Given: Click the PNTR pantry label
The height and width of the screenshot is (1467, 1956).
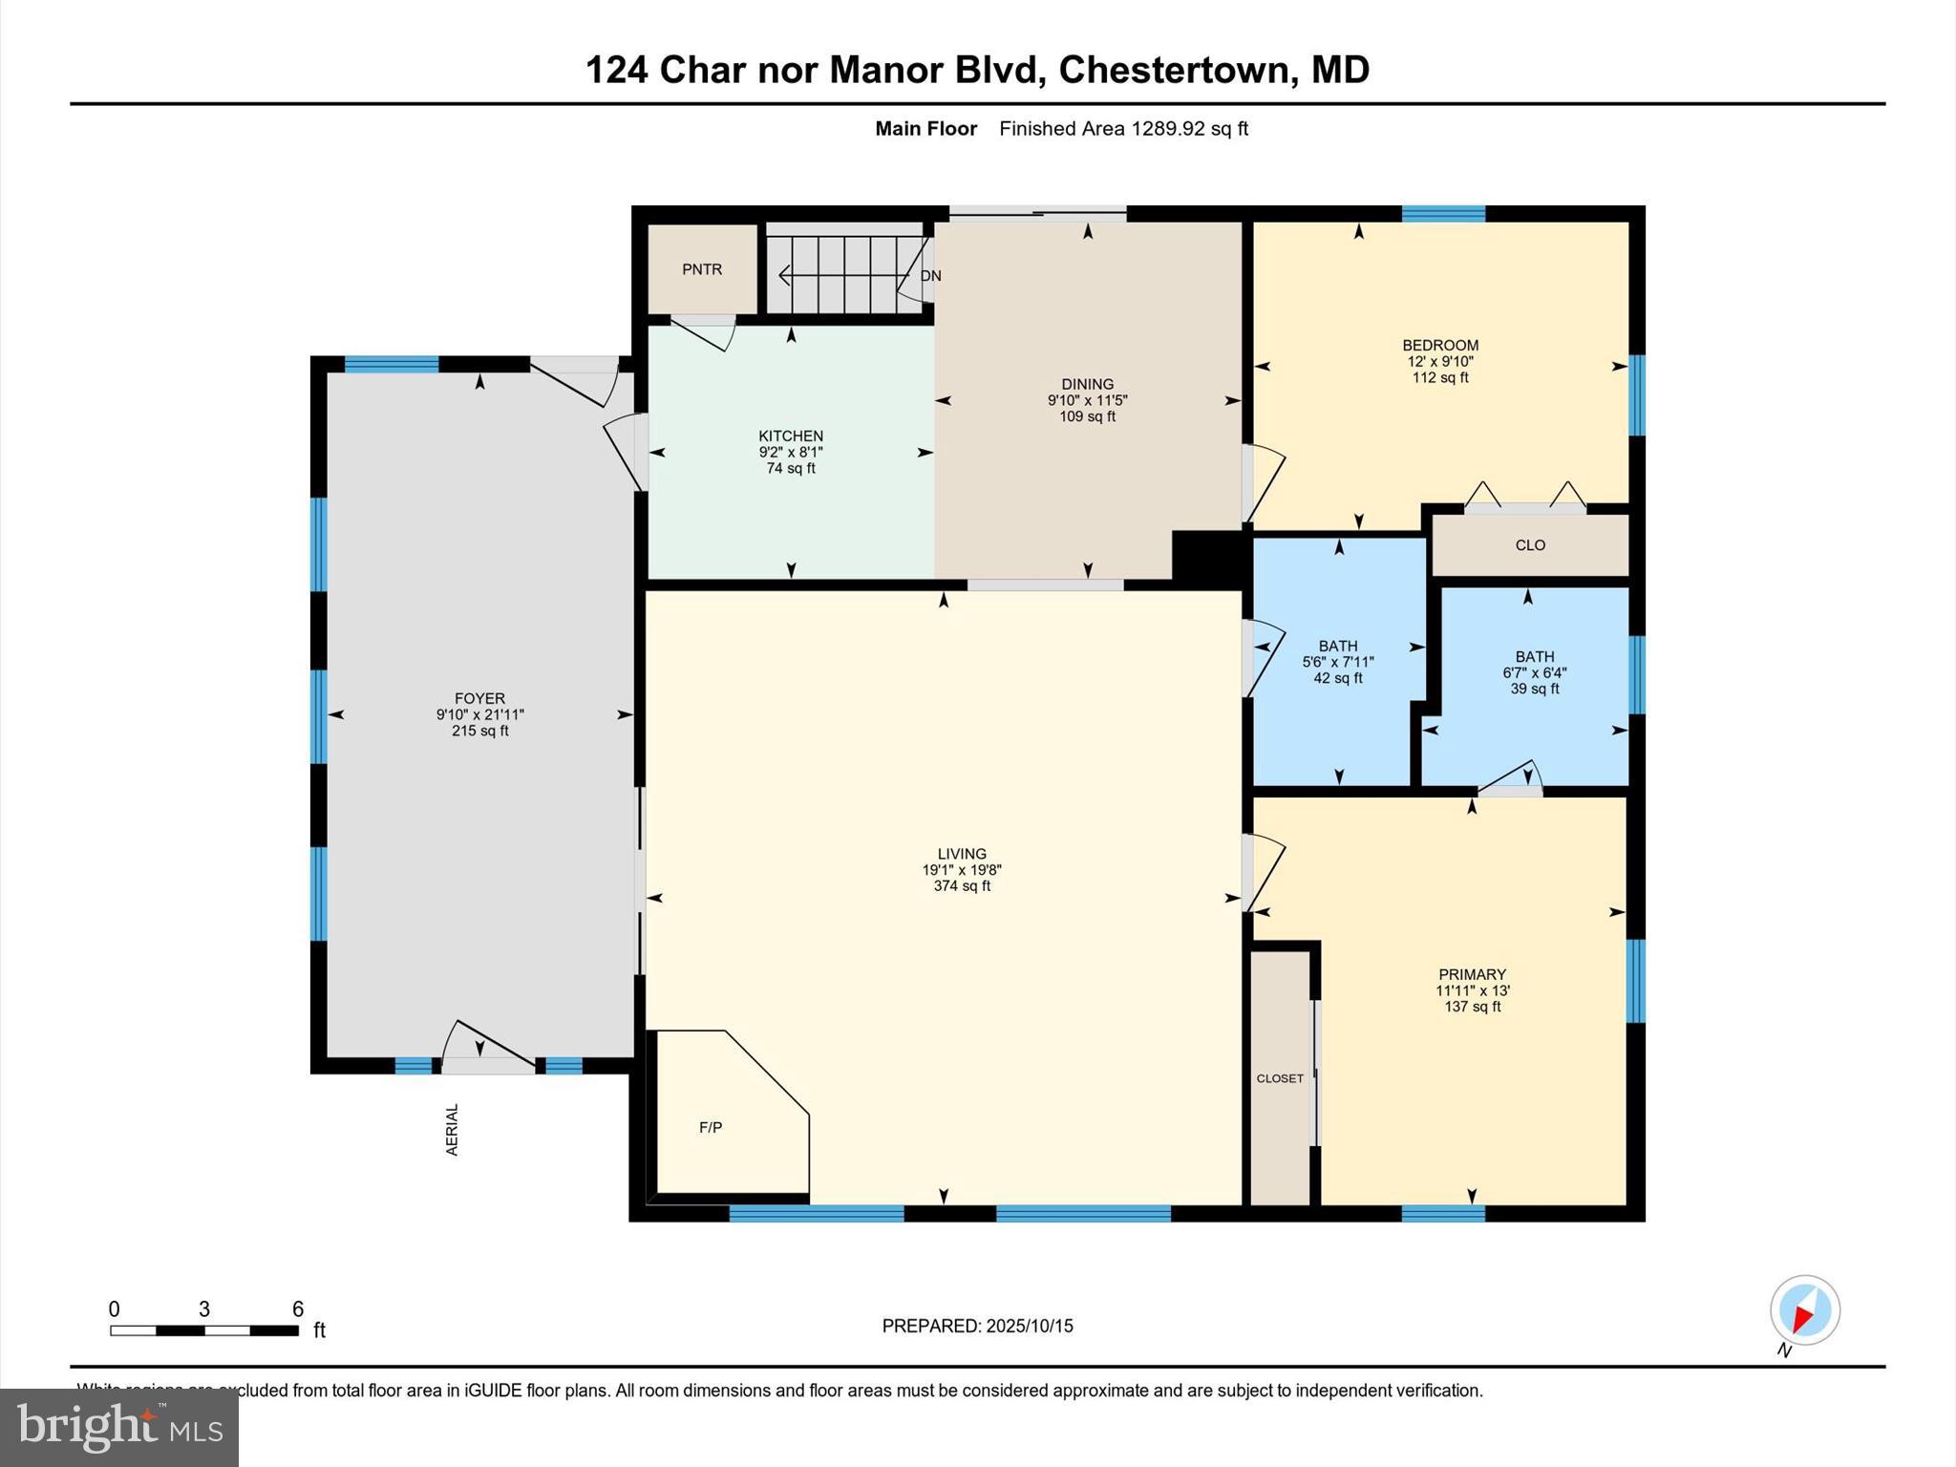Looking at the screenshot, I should coord(701,269).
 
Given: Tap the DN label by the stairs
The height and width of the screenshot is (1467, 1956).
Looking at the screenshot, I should coord(931,276).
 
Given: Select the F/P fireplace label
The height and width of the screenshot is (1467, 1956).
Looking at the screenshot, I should coord(710,1127).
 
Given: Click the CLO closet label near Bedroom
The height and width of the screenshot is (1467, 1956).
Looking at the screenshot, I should coord(1529,545).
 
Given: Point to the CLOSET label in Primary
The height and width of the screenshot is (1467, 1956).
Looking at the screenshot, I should coord(1280,1078).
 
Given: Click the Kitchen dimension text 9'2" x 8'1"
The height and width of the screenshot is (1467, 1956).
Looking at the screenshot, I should coord(790,452).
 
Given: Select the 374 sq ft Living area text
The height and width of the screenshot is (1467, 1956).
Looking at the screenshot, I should coord(961,886).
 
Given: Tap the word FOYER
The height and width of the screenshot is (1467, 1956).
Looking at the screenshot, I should coord(479,698).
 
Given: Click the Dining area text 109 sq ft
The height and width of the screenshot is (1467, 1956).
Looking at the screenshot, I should coord(1087,416).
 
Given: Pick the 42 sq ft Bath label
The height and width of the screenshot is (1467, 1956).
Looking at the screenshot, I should coord(1337,678).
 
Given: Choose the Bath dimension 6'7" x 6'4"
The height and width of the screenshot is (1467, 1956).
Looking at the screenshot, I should coord(1534,672).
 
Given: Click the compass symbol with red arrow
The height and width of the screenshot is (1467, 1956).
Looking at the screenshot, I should coord(1804,1310).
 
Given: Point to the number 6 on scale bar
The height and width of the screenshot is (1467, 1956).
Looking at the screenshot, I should coord(297,1308).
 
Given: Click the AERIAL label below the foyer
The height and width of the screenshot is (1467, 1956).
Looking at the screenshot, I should coord(453,1130).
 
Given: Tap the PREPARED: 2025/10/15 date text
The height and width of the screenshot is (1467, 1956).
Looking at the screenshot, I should coord(977,1326).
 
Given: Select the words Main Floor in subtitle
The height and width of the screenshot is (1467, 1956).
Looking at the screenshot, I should coord(925,129).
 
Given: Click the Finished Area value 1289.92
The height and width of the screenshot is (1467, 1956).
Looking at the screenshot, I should coord(1167,129).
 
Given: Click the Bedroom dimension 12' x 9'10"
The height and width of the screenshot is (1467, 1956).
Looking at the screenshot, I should coord(1439,361).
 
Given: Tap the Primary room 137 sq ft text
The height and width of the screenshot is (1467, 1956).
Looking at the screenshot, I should coord(1472,1007).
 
